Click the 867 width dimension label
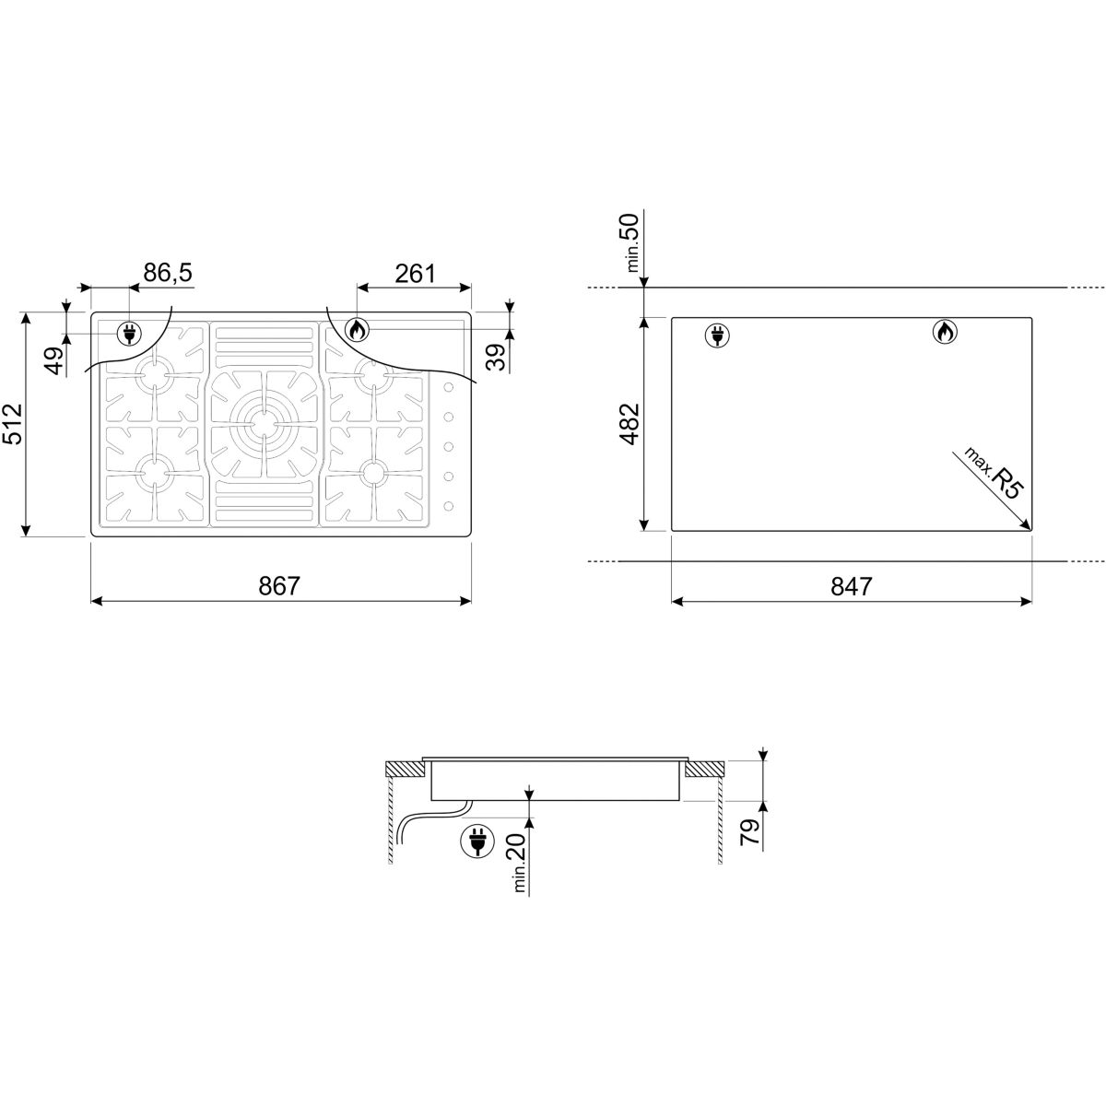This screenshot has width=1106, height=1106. (x=279, y=586)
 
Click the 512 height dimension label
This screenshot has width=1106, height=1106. (x=13, y=424)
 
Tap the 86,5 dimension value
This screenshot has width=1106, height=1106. (x=168, y=273)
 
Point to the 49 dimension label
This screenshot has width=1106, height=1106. (x=55, y=360)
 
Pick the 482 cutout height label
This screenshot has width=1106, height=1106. (x=629, y=424)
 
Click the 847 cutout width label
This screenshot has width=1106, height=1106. (x=852, y=586)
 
